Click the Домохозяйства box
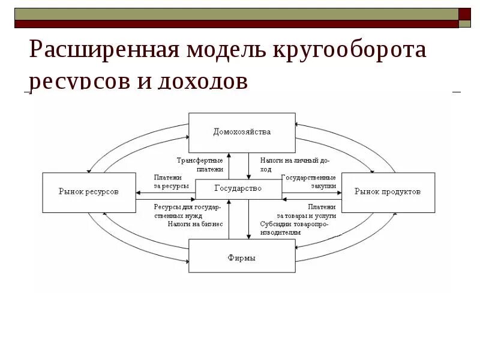tap(242, 132)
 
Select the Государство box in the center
tap(238, 189)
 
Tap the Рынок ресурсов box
tap(88, 192)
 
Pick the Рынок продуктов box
tap(388, 192)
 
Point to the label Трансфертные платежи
tap(200, 165)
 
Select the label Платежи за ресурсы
tap(172, 182)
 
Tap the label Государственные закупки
tap(308, 182)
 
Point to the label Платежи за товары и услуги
tap(306, 211)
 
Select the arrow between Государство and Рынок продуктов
tap(311, 193)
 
